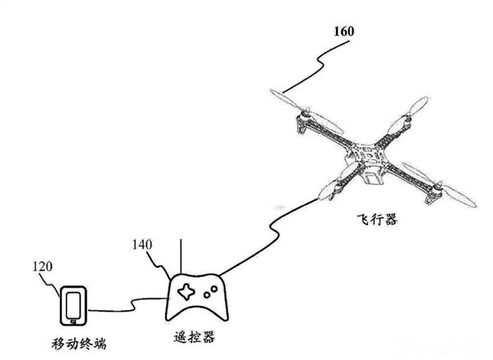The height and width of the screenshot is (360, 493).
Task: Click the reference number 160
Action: [344, 31]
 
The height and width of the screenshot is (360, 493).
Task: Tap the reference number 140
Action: [142, 245]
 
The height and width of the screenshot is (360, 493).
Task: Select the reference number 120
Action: [43, 266]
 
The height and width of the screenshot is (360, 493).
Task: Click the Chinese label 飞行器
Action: [377, 219]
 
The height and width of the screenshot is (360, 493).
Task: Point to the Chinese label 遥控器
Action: [195, 337]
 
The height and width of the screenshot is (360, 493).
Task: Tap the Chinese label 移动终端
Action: [79, 344]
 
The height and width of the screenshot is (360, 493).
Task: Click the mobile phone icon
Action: [73, 306]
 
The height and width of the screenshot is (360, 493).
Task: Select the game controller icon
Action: [197, 297]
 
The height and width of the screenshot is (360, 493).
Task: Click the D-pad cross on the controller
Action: [187, 292]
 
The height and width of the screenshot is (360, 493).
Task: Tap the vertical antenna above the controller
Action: [181, 256]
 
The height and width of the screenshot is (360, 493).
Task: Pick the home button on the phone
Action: [74, 321]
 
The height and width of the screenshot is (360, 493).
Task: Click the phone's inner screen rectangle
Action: [73, 305]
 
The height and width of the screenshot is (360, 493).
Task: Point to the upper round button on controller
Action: [214, 288]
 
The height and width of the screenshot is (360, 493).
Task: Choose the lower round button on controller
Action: [207, 295]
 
